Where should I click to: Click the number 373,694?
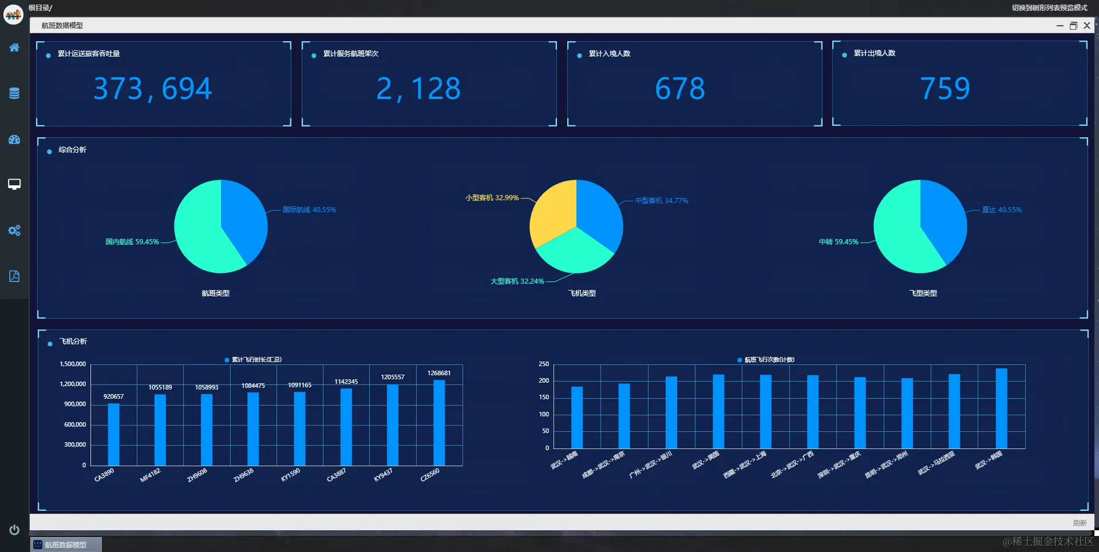point(153,89)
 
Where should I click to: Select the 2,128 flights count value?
point(418,89)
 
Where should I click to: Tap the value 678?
point(680,89)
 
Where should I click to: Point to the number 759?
point(945,89)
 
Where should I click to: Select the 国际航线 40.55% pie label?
point(309,210)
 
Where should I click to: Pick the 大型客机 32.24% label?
point(517,281)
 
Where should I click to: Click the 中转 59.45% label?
point(839,242)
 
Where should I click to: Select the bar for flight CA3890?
point(114,434)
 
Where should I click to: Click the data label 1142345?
point(346,382)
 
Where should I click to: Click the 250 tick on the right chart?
point(544,364)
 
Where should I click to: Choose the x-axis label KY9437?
point(383,475)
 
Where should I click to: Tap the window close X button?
point(1087,25)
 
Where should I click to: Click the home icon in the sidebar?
point(14,47)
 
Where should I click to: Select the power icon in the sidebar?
point(14,530)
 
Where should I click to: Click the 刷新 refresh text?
point(1080,523)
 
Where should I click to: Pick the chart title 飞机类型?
point(582,293)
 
